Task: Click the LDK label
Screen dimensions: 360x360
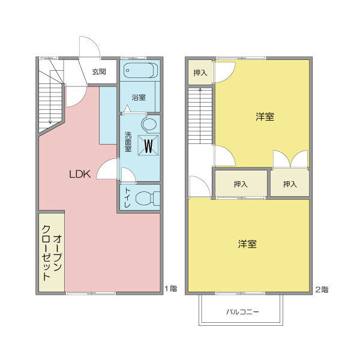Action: pyautogui.click(x=79, y=175)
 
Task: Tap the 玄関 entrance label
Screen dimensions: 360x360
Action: pyautogui.click(x=99, y=71)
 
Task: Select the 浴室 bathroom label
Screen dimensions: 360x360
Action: pyautogui.click(x=139, y=97)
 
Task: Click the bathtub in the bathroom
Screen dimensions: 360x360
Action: pyautogui.click(x=140, y=71)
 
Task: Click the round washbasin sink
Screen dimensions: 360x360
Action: pyautogui.click(x=149, y=124)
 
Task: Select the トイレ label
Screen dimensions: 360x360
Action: pyautogui.click(x=127, y=199)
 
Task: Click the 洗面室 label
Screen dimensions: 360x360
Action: pyautogui.click(x=128, y=144)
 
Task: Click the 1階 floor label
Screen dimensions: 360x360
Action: pyautogui.click(x=171, y=289)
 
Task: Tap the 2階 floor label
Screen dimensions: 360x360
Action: pyautogui.click(x=322, y=289)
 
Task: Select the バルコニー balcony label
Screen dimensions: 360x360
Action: pyautogui.click(x=242, y=312)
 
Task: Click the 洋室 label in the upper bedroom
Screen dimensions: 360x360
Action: pyautogui.click(x=265, y=117)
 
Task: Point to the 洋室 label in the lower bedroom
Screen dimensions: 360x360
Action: pyautogui.click(x=247, y=244)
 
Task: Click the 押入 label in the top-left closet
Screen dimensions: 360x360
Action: pyautogui.click(x=200, y=73)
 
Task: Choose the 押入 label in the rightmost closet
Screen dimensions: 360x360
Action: pyautogui.click(x=290, y=184)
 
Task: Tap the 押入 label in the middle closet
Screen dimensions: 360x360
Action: pyautogui.click(x=241, y=184)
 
